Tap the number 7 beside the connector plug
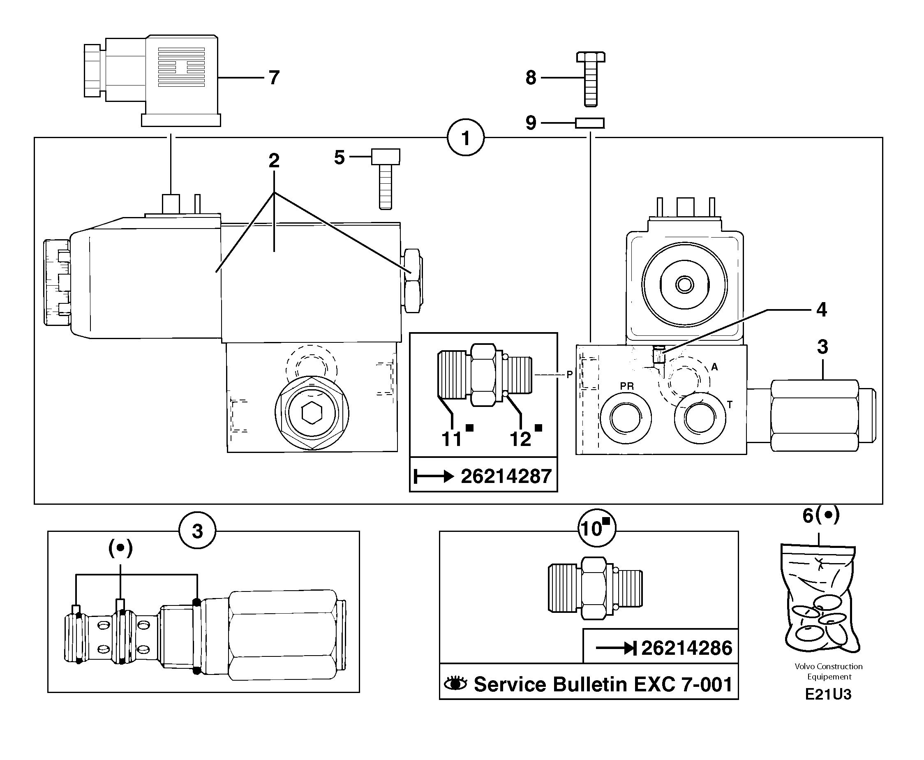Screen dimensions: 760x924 click(274, 78)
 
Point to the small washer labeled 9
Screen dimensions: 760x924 click(589, 123)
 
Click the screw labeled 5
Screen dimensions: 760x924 click(386, 179)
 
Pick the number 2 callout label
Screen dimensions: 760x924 click(274, 161)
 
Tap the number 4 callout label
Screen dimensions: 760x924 click(822, 310)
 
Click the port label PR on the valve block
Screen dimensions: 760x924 click(627, 386)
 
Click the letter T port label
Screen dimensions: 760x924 click(730, 405)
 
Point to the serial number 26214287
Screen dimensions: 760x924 click(506, 476)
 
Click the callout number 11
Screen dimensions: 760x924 click(451, 439)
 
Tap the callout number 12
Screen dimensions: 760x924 click(520, 439)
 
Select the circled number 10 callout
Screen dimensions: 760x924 click(596, 529)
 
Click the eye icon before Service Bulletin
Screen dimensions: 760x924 click(456, 684)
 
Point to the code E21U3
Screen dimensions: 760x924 click(828, 695)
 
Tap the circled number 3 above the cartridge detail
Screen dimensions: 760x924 click(197, 531)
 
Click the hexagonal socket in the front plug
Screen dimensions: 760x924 click(312, 413)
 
